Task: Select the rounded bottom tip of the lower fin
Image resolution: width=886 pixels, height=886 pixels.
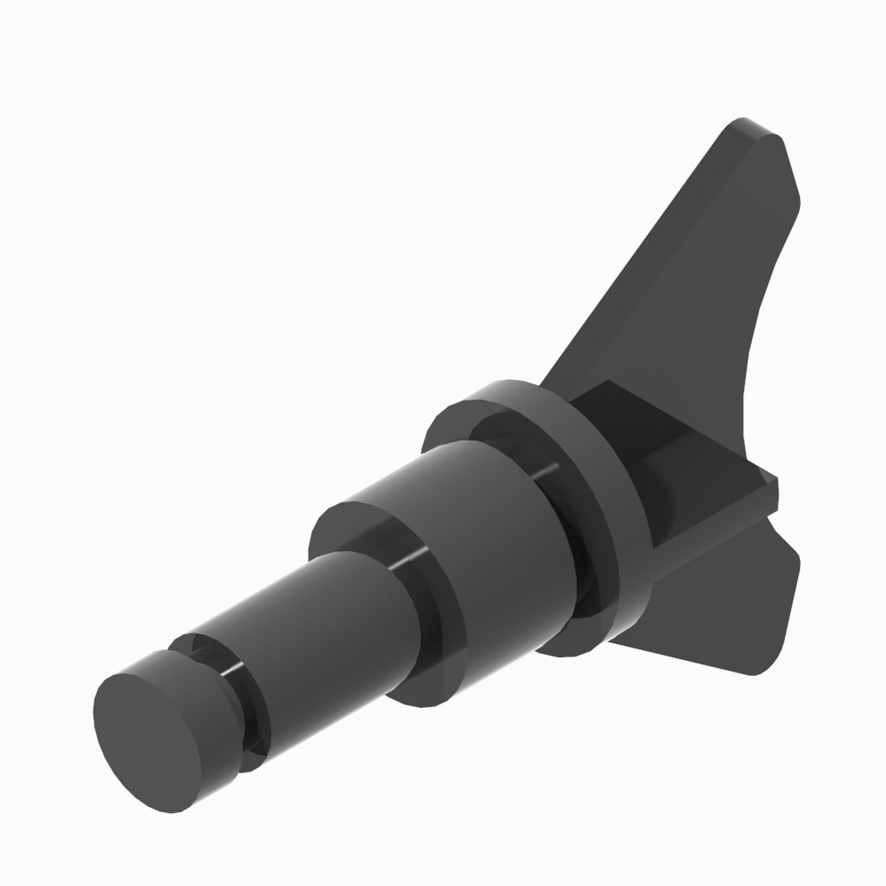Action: [757, 672]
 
